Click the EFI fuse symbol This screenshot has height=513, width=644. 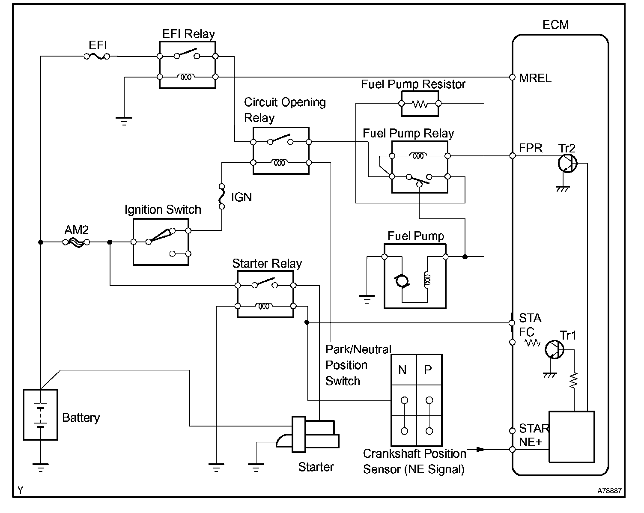[97, 56]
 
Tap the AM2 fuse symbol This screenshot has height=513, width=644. [76, 242]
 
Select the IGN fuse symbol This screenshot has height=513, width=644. [222, 197]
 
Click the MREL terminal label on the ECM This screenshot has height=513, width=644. [535, 78]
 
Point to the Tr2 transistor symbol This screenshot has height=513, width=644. [567, 164]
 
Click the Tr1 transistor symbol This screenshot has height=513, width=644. [554, 349]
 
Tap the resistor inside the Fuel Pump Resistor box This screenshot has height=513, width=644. [420, 104]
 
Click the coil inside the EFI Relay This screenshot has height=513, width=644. [186, 77]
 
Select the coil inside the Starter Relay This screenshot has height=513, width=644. [264, 306]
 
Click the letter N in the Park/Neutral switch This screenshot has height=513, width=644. [402, 370]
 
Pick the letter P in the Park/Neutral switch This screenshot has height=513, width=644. [428, 370]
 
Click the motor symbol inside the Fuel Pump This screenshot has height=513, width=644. [402, 281]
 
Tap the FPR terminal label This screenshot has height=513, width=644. [530, 148]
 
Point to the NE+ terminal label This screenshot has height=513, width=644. [530, 442]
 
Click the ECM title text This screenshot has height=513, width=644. [555, 24]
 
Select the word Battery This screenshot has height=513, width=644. [81, 418]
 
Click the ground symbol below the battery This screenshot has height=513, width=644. [41, 468]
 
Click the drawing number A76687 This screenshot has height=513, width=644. [609, 491]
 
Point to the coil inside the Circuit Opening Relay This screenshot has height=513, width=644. [279, 163]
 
